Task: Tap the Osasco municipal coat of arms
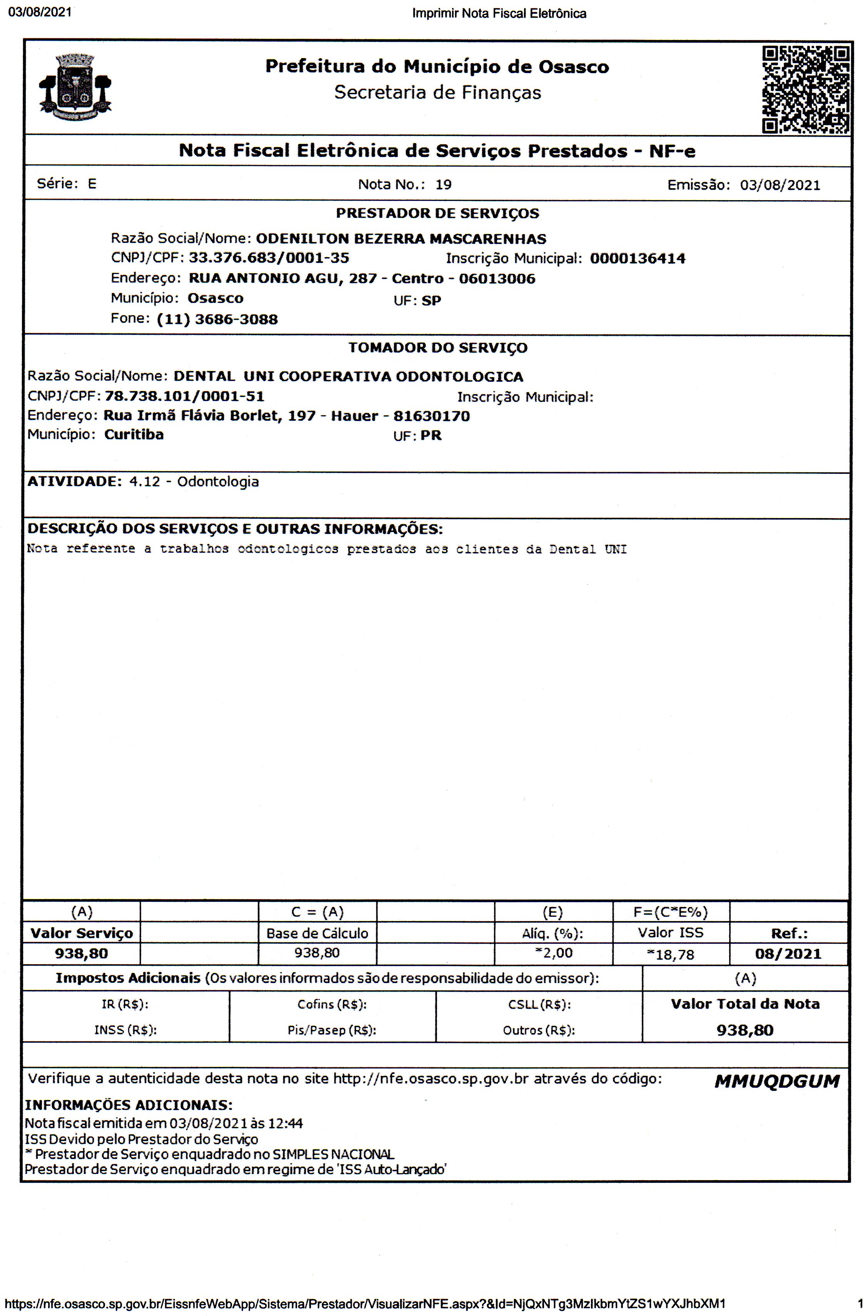coord(75,87)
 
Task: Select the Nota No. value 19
coord(443,185)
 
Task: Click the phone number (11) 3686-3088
coord(217,319)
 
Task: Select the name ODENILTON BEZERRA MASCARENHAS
coord(401,239)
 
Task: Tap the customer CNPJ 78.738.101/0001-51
coord(185,396)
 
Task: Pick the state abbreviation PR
coord(431,436)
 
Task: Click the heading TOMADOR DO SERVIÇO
coord(437,348)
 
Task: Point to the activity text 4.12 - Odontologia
coord(194,482)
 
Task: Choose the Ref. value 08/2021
coord(788,954)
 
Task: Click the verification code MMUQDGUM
coord(777,1081)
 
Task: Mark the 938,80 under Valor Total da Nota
coord(745,1030)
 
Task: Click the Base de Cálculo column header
coord(317,933)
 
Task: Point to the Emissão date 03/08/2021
coord(780,185)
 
